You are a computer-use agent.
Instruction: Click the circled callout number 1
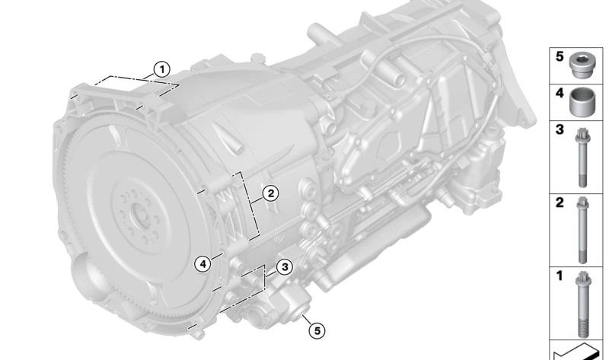pyautogui.click(x=161, y=70)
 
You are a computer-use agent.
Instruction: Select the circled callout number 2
pyautogui.click(x=270, y=193)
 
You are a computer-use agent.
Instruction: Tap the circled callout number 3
pyautogui.click(x=285, y=267)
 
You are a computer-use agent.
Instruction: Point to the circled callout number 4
pyautogui.click(x=202, y=264)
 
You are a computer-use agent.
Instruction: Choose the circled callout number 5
pyautogui.click(x=317, y=331)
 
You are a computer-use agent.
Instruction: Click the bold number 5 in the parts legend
pyautogui.click(x=560, y=56)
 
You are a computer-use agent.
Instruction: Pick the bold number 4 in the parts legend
pyautogui.click(x=560, y=93)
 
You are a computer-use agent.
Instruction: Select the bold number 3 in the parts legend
pyautogui.click(x=560, y=129)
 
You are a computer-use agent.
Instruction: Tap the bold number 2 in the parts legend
pyautogui.click(x=560, y=202)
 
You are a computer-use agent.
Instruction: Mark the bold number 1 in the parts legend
pyautogui.click(x=560, y=276)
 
